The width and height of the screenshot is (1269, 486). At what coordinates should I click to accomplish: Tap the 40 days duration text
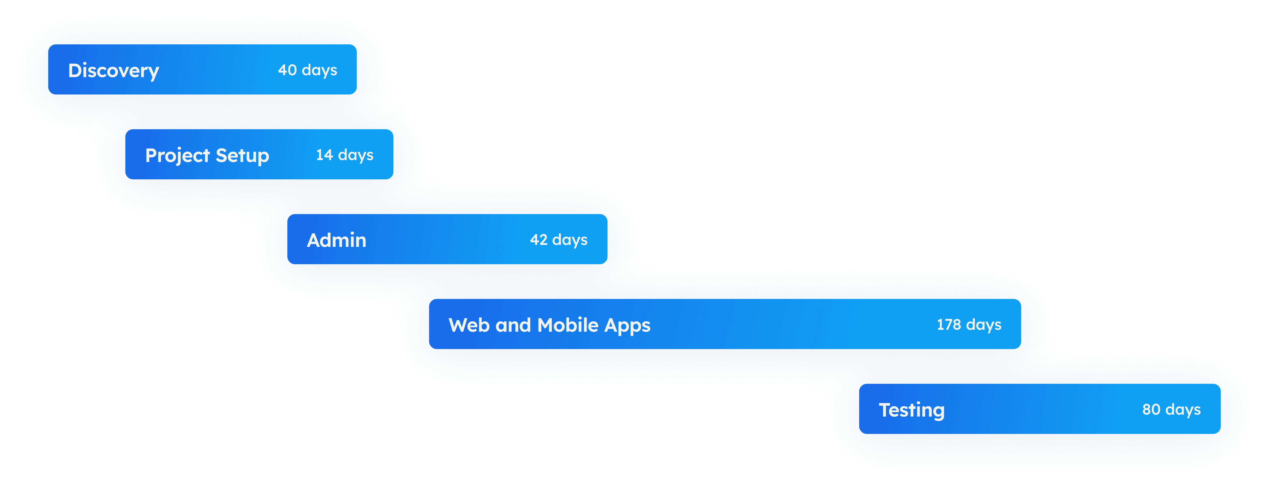(307, 70)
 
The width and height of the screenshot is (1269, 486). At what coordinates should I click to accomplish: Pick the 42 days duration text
(559, 240)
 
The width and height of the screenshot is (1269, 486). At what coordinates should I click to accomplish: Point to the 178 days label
(969, 324)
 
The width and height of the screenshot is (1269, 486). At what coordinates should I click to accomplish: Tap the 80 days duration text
(1171, 409)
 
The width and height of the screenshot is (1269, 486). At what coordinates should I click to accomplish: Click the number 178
(949, 324)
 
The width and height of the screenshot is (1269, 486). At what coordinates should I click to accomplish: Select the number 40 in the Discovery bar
(287, 70)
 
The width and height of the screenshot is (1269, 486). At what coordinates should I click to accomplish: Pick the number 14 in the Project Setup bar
(324, 155)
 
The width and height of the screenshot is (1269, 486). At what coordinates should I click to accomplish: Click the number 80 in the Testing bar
(1151, 409)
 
